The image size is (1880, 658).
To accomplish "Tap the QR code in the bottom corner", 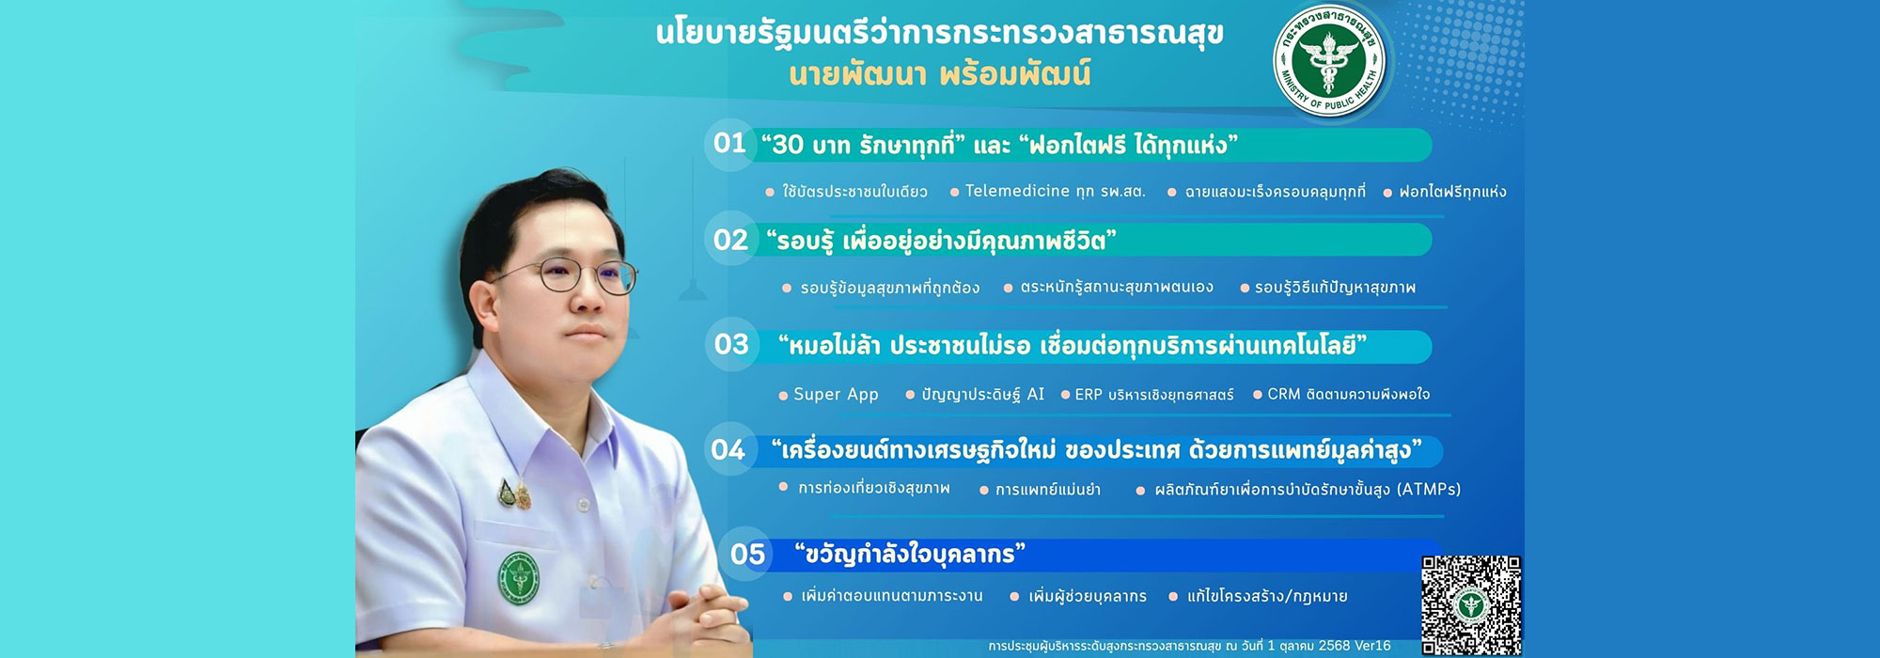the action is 1471,604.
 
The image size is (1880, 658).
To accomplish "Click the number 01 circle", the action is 729,144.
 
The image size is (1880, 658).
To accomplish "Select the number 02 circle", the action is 730,240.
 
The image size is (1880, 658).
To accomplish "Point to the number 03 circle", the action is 731,344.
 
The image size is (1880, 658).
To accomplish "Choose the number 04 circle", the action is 728,449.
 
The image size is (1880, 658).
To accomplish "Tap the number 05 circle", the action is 747,555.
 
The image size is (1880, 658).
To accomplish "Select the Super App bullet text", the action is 836,395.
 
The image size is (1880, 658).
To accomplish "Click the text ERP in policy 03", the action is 1089,395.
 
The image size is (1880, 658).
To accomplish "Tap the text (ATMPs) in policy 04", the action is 1428,489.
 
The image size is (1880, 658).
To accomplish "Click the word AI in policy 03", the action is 1035,394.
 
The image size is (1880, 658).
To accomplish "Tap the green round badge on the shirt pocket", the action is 518,578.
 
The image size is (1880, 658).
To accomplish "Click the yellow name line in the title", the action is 940,74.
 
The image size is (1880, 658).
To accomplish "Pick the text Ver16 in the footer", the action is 1372,646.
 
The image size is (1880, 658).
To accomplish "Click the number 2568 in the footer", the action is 1334,646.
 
